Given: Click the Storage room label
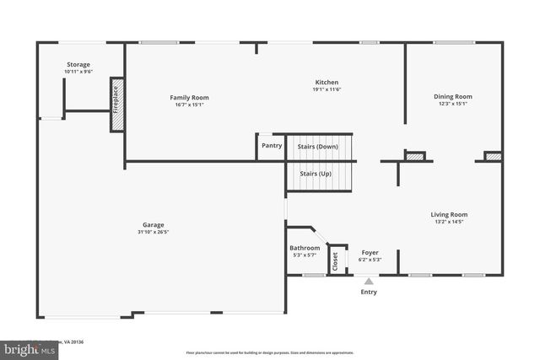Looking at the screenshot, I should pos(78,65).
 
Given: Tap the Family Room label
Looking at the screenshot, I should pos(189,98).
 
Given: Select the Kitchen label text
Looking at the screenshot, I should pos(326,83).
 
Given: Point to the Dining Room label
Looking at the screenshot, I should pos(452,97).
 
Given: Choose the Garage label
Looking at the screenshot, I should pos(153,225).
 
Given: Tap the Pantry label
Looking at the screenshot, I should pos(272,146).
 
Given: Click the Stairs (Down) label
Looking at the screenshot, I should pos(317,147).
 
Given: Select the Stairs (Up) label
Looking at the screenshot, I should pos(314,174).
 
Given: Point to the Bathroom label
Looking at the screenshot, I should pos(305,248).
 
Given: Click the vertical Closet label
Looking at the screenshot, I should pos(334,261).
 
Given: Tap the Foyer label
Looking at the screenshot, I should pos(370,253).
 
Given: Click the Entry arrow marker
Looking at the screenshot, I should pos(369,282).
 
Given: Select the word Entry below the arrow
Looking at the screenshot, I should pos(369,293).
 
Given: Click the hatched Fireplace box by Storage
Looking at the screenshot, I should pos(117,105).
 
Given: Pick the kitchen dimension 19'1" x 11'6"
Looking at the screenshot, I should pos(326,89).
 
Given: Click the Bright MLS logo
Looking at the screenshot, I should pos(26,347).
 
